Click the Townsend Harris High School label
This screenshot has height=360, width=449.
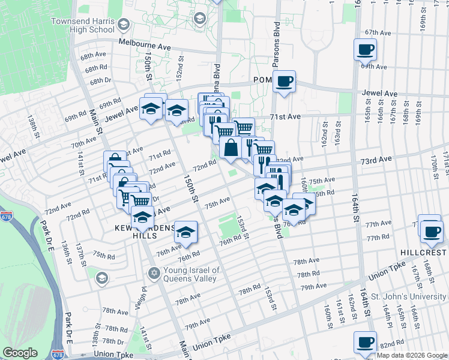[91, 25]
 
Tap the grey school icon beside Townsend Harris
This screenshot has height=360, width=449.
[124, 25]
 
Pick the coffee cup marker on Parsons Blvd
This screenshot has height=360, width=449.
[284, 80]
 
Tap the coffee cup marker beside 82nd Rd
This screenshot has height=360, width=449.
[364, 342]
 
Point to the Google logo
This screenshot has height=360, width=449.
[20, 353]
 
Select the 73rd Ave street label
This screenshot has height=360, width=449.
[376, 160]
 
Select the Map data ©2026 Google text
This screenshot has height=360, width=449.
[412, 355]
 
